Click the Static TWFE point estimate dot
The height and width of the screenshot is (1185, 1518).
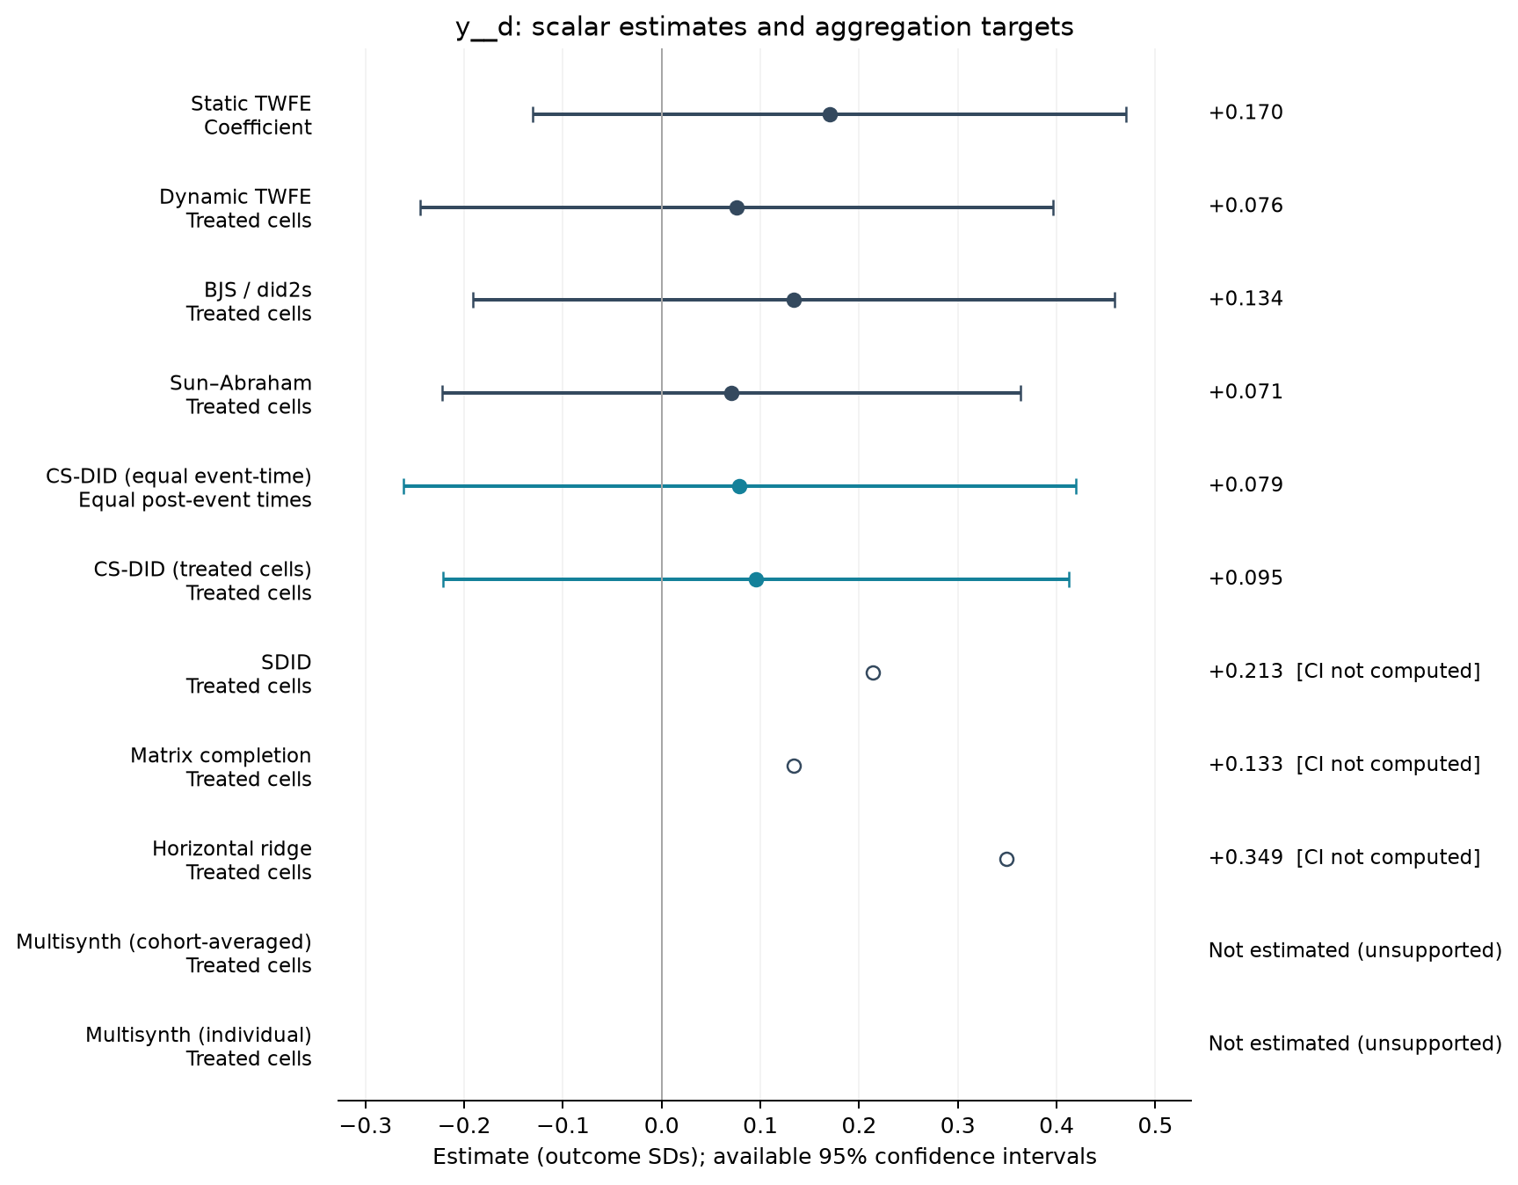point(830,115)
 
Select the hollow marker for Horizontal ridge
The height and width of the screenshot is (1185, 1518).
point(1006,859)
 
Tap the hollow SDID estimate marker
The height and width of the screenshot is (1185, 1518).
point(873,672)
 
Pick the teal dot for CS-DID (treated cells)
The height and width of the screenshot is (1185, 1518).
point(756,579)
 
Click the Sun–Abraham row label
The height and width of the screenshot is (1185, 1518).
point(241,395)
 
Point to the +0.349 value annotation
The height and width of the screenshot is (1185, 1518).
point(1246,857)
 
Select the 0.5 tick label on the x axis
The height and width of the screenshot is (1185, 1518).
point(1155,1126)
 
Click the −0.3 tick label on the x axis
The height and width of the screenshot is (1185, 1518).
point(365,1126)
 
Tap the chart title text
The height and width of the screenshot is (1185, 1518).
point(764,27)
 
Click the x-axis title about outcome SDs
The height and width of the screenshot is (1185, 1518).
point(765,1157)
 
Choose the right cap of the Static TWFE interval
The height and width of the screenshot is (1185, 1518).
point(1126,115)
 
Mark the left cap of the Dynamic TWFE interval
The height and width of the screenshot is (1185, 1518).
point(420,208)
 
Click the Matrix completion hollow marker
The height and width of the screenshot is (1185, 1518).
point(794,766)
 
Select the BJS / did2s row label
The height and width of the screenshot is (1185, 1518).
point(249,302)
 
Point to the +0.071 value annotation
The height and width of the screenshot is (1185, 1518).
point(1246,392)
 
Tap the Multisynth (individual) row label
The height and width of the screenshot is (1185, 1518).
point(199,1047)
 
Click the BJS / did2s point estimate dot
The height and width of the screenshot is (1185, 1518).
point(794,301)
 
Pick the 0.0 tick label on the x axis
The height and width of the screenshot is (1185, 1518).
point(662,1126)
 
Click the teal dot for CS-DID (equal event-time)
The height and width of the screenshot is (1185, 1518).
point(739,486)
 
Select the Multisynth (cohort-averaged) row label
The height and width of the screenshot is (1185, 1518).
point(164,954)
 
